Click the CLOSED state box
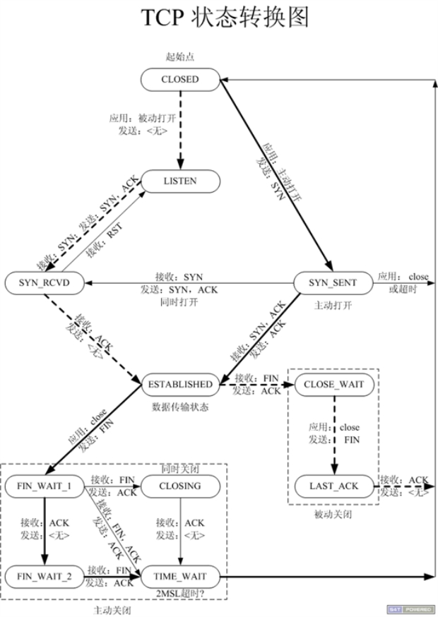pyautogui.click(x=180, y=80)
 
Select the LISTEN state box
pyautogui.click(x=179, y=181)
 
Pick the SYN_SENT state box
pyautogui.click(x=332, y=283)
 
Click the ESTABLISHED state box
pyautogui.click(x=179, y=385)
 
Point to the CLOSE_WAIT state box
pyautogui.click(x=334, y=385)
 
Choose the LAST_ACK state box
pyautogui.click(x=334, y=486)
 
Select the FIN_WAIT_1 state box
pyautogui.click(x=44, y=486)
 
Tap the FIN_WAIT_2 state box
pyautogui.click(x=44, y=577)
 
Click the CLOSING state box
pyautogui.click(x=179, y=486)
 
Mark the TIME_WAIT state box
pyautogui.click(x=179, y=577)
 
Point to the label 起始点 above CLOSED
pyautogui.click(x=179, y=56)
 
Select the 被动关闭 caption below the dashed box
pyautogui.click(x=333, y=515)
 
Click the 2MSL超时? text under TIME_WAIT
pyautogui.click(x=179, y=594)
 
